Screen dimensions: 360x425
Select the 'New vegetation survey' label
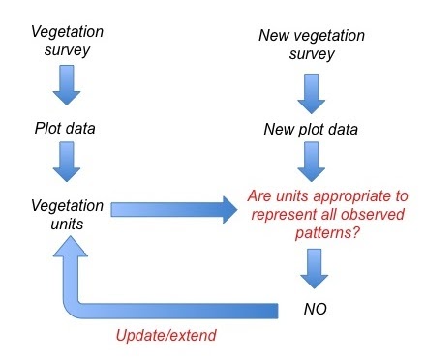click(313, 45)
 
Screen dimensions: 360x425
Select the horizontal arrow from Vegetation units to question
click(174, 208)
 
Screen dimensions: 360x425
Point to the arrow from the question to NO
click(313, 266)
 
